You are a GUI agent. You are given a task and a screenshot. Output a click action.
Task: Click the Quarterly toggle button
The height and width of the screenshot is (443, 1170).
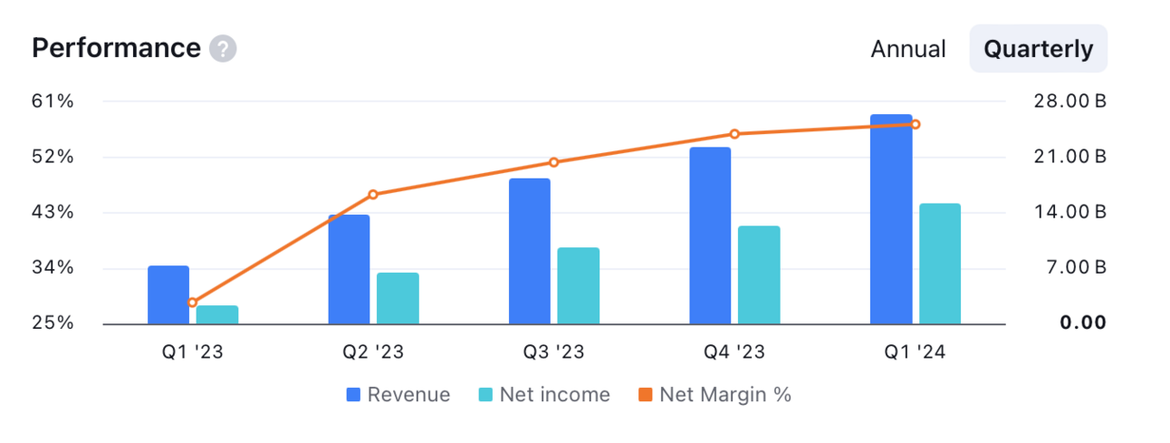(x=1039, y=49)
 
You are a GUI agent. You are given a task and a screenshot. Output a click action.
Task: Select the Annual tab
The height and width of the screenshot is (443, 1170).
(x=908, y=49)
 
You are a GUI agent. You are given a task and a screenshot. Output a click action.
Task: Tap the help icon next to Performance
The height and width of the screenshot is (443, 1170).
(x=223, y=49)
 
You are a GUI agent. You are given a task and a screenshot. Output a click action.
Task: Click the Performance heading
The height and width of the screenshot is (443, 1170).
(x=117, y=48)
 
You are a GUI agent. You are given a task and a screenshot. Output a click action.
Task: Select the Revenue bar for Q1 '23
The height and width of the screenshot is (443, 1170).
(x=168, y=295)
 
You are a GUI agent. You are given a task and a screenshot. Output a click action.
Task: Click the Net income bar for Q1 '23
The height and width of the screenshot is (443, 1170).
(x=217, y=315)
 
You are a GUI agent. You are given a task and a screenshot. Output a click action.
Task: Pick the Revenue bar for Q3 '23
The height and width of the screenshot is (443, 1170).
(x=530, y=251)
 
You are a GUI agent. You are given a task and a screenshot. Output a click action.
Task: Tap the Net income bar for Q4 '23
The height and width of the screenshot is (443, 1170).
(x=759, y=275)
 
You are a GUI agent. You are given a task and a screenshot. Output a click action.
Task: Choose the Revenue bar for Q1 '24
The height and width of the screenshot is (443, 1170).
(x=891, y=219)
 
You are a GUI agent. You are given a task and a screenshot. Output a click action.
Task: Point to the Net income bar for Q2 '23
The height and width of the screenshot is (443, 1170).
(x=398, y=298)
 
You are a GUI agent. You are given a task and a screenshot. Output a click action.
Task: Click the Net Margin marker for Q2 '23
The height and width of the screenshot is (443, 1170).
(x=373, y=195)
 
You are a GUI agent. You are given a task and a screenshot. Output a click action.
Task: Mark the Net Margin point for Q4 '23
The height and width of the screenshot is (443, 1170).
(x=734, y=134)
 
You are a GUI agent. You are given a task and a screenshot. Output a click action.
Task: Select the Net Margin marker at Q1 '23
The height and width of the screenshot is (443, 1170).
(x=192, y=303)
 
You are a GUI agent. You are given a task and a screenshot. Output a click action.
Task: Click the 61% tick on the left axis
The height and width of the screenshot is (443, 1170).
(x=53, y=101)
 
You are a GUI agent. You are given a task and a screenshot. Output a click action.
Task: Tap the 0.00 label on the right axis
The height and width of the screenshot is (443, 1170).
(x=1083, y=323)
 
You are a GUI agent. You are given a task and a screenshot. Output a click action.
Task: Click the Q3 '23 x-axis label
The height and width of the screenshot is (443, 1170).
(x=553, y=352)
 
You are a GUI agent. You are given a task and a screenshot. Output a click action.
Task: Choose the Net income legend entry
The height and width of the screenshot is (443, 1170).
(x=544, y=394)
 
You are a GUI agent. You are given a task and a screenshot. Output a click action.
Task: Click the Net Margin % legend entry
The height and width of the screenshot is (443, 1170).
(x=714, y=394)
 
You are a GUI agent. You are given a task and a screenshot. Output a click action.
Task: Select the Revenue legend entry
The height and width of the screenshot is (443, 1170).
(x=398, y=394)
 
